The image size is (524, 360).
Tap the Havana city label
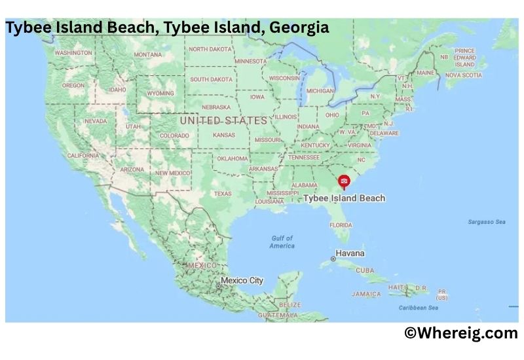pos(350,253)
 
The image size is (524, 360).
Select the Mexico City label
pos(242,281)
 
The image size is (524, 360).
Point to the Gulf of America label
pos(282,242)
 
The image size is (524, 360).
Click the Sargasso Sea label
pos(486,222)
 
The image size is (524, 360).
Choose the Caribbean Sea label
pos(419,308)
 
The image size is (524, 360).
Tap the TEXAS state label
pos(222,194)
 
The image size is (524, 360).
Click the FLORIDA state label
pos(341,225)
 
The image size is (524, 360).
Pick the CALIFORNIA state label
pos(83,156)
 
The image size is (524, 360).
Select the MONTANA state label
pos(147,55)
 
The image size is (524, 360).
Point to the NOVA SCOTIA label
pos(463,75)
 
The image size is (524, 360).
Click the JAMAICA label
pos(365,295)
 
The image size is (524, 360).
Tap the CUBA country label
pos(365,270)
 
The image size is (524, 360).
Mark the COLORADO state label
pos(174,136)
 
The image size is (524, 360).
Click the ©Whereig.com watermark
pos(460,333)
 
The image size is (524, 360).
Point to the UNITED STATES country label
pos(223,120)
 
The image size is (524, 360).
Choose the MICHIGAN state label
pos(320,91)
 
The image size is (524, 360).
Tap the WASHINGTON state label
pos(73,53)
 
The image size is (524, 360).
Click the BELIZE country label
pos(290,305)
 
